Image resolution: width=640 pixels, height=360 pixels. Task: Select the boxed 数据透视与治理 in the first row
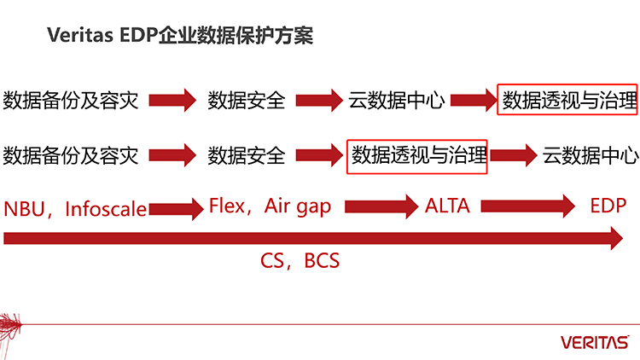pos(568,101)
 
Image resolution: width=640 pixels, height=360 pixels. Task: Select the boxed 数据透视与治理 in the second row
pos(417,156)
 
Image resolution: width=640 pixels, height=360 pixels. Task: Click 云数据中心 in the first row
pos(397,101)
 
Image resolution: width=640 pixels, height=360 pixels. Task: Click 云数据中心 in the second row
pos(590,156)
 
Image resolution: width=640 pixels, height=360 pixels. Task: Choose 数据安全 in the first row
pos(247,101)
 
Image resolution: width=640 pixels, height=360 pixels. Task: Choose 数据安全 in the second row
pos(247,156)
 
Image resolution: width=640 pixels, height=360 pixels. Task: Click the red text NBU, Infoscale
pos(74,208)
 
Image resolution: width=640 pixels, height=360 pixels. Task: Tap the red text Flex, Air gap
pos(270,206)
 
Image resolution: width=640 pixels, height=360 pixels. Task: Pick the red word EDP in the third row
pos(608,206)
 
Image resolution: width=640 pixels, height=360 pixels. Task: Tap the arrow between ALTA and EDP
pos(534,207)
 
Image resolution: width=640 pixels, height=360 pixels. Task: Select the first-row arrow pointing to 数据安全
pos(173,101)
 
